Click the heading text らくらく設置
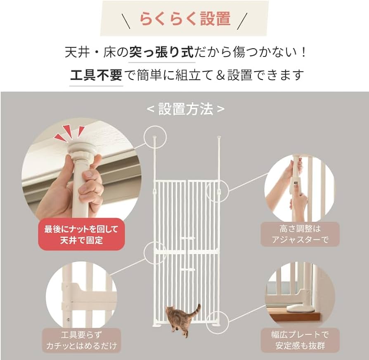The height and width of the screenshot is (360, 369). tap(184, 19)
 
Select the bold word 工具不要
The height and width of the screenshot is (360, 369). tap(96, 75)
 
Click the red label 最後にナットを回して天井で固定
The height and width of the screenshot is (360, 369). tap(81, 234)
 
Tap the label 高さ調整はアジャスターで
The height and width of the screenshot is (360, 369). tap(300, 234)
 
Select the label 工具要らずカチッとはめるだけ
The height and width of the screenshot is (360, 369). tap(81, 340)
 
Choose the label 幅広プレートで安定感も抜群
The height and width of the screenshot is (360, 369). tap(300, 340)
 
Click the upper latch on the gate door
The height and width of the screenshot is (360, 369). tap(188, 238)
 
